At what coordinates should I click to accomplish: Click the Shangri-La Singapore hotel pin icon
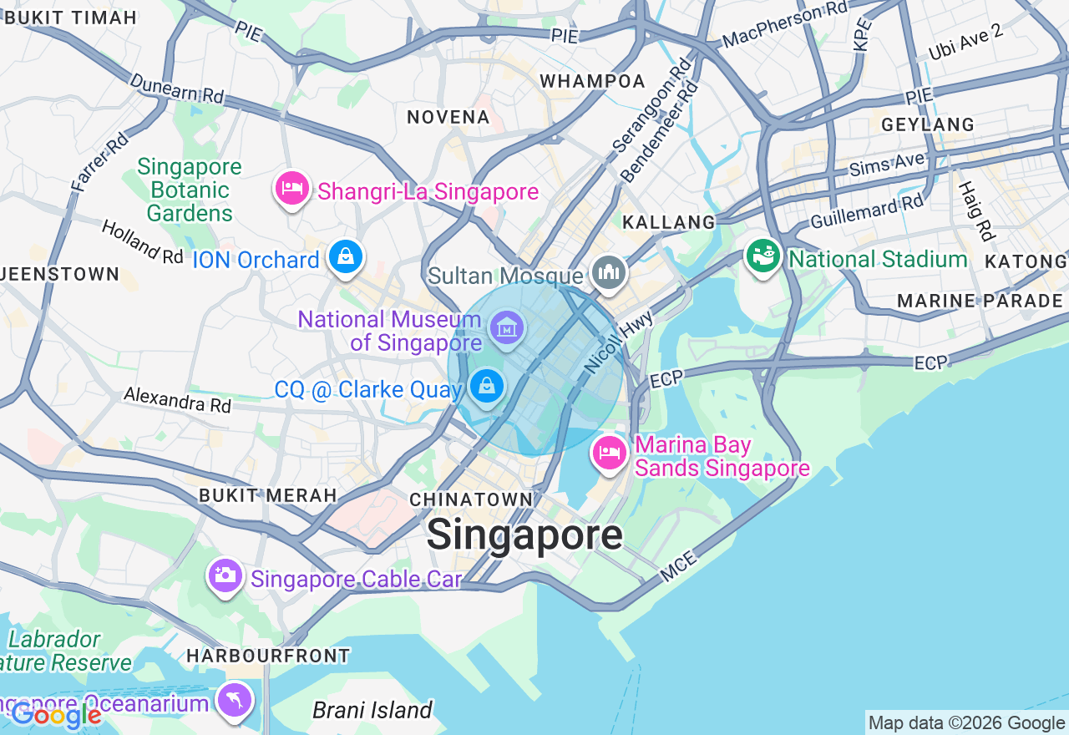coord(292,190)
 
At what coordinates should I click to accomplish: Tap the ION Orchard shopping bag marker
coord(345,257)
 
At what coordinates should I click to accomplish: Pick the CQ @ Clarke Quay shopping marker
coord(486,387)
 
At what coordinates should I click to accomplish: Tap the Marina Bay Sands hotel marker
coord(610,454)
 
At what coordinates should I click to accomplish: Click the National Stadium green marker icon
coord(762,257)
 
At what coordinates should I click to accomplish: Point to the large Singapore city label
coord(524,535)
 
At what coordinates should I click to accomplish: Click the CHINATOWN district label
coord(471,499)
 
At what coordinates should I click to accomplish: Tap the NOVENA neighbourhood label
coord(448,117)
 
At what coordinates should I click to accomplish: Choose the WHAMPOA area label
coord(593,81)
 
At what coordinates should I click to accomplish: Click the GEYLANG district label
coord(928,124)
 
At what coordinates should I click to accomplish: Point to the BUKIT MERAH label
coord(267,495)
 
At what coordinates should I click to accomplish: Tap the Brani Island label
coord(372,711)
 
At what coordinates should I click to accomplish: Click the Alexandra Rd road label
coord(177,399)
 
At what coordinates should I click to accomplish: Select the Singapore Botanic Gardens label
coord(190,190)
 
